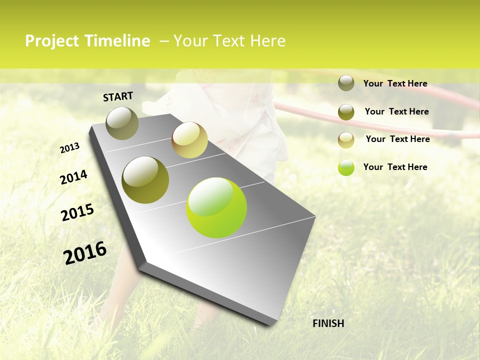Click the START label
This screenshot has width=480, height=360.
(x=118, y=96)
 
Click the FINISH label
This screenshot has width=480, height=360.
(x=328, y=323)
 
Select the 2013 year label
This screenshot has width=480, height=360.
(x=69, y=148)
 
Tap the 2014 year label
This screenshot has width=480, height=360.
(x=73, y=177)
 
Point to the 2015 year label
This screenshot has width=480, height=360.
(x=77, y=212)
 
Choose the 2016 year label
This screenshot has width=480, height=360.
(x=85, y=253)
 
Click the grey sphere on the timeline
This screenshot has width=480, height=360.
(x=122, y=123)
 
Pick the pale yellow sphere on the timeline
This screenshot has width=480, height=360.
(x=189, y=140)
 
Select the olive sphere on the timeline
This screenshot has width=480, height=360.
(x=145, y=180)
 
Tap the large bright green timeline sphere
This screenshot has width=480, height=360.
(x=216, y=207)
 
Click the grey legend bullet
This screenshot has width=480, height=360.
(x=346, y=83)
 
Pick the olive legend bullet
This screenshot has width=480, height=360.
(x=346, y=111)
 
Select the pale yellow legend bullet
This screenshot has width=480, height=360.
(x=346, y=139)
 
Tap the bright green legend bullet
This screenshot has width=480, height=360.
(x=346, y=167)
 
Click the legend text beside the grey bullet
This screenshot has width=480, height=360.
(x=395, y=83)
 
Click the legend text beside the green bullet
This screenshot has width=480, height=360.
(x=395, y=167)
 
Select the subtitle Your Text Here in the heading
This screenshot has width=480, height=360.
(x=229, y=41)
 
